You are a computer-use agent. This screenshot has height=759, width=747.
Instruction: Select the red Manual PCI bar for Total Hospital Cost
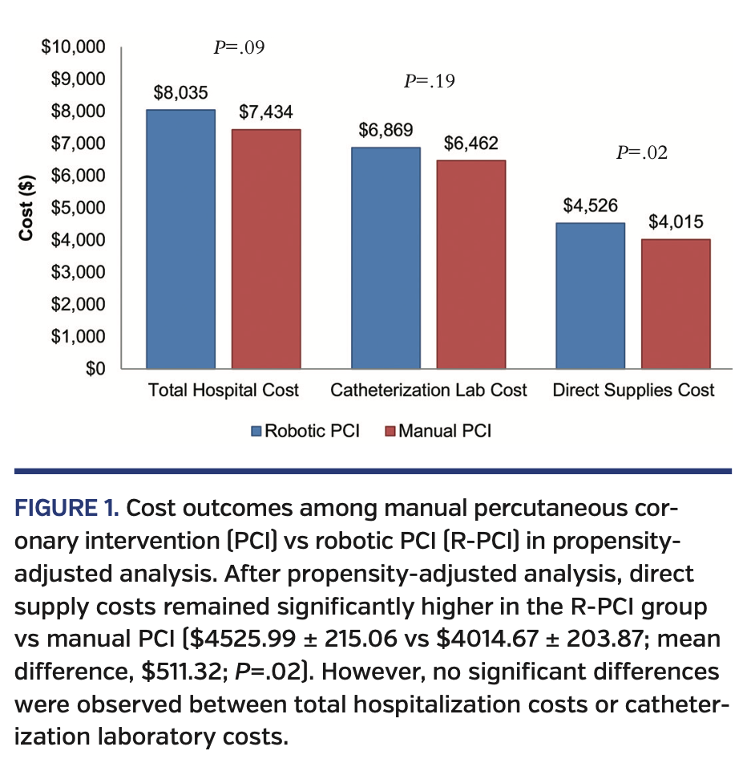click(266, 249)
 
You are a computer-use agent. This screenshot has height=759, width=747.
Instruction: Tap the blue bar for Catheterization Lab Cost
click(386, 258)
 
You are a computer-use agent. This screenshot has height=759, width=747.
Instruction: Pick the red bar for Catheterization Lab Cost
click(471, 264)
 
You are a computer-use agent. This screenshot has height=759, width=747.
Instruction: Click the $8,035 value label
click(180, 94)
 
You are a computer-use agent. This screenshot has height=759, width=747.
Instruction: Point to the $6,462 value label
click(471, 144)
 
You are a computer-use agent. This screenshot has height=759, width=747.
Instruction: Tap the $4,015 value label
click(676, 222)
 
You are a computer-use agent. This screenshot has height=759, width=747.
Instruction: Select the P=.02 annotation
click(641, 152)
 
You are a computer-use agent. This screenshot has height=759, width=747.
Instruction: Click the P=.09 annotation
click(239, 47)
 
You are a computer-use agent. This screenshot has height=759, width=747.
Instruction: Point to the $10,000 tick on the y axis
click(74, 47)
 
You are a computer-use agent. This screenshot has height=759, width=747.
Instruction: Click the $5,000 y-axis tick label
click(79, 208)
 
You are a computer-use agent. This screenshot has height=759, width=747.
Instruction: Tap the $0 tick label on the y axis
click(95, 369)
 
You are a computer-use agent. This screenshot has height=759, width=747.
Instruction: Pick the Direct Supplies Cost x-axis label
click(633, 391)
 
